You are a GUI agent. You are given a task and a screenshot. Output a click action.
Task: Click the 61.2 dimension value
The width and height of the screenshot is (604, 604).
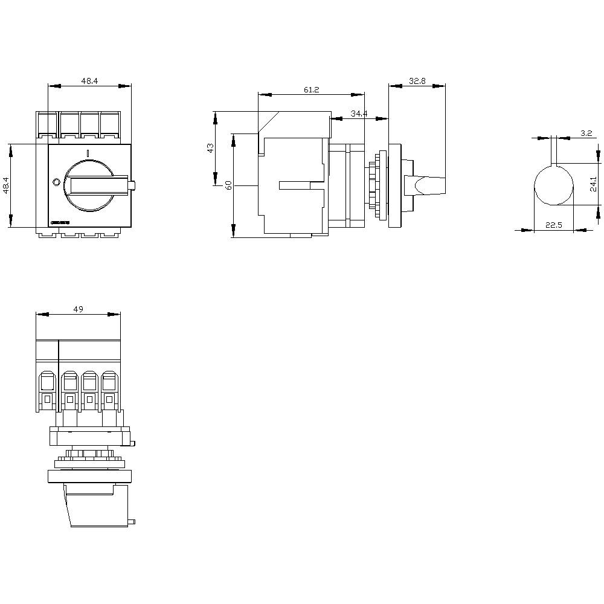[x=311, y=89]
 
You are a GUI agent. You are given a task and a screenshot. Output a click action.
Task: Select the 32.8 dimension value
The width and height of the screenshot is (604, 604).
[x=417, y=80]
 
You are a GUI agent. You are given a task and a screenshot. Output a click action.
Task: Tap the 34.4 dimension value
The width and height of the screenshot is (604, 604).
[x=359, y=114]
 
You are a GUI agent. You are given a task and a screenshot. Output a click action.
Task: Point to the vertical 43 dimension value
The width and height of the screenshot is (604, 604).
[x=210, y=148]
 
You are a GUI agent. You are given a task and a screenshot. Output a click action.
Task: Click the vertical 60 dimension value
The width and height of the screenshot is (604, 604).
[x=228, y=185]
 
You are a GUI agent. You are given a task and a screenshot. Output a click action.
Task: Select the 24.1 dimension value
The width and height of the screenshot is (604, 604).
[x=594, y=184]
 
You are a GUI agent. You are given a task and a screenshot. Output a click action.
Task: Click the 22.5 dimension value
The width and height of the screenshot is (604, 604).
[x=553, y=225]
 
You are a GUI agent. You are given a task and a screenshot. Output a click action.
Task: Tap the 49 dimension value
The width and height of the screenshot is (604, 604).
[x=78, y=309]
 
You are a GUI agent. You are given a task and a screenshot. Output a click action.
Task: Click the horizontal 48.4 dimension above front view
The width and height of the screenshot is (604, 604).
[x=89, y=80]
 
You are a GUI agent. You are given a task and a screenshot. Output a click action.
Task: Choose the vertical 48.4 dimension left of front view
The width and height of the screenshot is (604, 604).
[x=5, y=185]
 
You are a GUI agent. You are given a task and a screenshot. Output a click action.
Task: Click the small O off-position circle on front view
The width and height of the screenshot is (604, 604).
[x=56, y=182]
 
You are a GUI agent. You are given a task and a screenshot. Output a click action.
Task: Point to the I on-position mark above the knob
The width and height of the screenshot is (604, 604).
[x=88, y=153]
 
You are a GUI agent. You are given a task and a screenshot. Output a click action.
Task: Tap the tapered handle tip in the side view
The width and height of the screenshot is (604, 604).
[x=430, y=185]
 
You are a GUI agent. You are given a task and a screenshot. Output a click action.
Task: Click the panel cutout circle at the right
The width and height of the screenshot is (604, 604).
[x=553, y=185]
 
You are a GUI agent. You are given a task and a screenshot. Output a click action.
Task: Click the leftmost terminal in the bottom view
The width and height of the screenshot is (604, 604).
[x=47, y=390]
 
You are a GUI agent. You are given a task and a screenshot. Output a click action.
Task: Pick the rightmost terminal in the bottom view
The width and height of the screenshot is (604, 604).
[x=109, y=390]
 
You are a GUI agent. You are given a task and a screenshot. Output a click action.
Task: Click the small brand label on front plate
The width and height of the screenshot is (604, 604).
[x=59, y=223]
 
